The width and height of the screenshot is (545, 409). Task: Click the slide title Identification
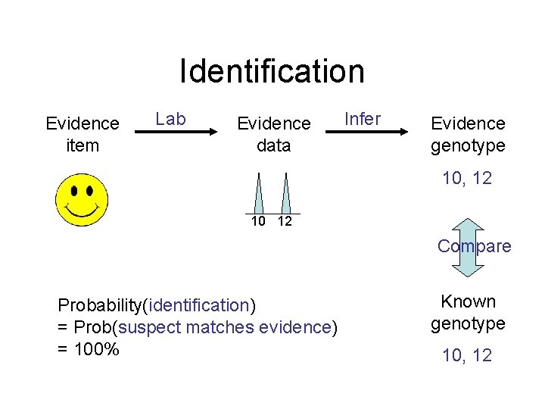tap(272, 71)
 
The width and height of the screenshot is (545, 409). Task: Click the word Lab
tap(170, 119)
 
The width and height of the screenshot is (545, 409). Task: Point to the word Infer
tap(363, 119)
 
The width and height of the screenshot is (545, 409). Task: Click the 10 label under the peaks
tap(259, 221)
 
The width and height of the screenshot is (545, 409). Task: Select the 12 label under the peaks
tap(285, 221)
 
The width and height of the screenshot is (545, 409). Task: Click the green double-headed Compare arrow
tap(469, 248)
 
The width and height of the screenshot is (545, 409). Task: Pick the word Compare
tap(475, 246)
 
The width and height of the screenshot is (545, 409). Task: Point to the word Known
tap(469, 301)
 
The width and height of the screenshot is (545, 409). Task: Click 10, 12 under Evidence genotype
tap(468, 179)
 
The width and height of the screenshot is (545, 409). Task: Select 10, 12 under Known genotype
tap(468, 354)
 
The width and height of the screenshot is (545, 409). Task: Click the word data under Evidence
tap(273, 145)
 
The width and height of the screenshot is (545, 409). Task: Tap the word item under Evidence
tap(83, 145)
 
